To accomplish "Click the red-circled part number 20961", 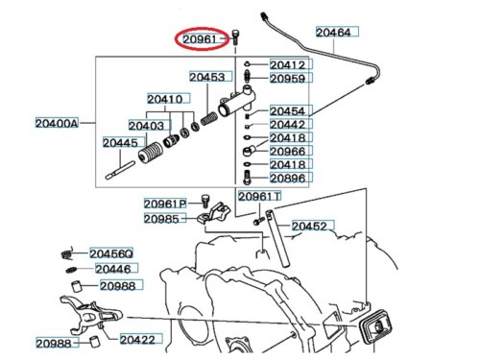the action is point(200,39).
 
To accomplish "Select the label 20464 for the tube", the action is point(333,32).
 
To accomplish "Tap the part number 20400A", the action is point(57,123).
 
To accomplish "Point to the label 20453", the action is point(207,77).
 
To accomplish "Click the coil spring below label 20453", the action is point(209,119).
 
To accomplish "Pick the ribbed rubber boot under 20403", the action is point(151,153).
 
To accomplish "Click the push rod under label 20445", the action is point(120,170).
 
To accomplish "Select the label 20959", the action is point(287,79).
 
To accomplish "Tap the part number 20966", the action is point(287,151).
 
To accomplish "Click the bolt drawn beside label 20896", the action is point(247,178).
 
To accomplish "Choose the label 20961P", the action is point(165,204).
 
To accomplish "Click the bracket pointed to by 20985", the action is point(214,212).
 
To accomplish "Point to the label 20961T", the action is point(259,196).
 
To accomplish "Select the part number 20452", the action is point(309,227).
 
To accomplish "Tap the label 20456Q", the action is point(111,253).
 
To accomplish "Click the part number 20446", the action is point(113,269).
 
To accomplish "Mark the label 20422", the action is point(137,340).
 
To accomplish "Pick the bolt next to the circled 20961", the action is point(235,37).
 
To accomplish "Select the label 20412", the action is point(287,65).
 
